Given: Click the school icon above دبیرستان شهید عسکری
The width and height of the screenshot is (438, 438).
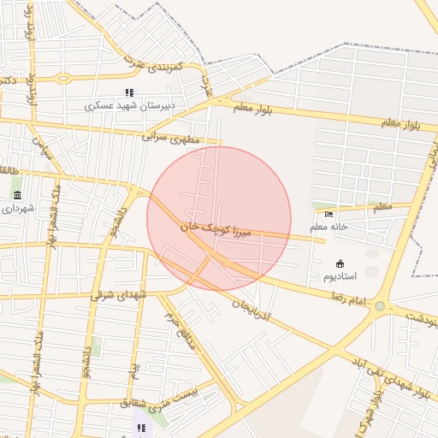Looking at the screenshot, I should click(x=129, y=92).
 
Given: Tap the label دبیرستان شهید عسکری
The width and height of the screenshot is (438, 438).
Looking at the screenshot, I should click(x=129, y=106).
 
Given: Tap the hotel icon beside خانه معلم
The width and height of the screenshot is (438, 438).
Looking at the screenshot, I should click(x=329, y=213).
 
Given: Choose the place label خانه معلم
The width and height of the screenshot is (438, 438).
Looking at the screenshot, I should click(x=329, y=226).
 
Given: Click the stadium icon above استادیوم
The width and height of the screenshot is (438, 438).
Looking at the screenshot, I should click(x=340, y=263).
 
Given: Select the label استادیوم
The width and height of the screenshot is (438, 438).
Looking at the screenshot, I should click(x=340, y=276).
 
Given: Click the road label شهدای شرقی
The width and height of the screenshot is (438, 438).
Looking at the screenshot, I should click(x=120, y=295).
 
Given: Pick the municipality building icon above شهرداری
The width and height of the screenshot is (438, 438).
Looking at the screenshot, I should click(x=16, y=195).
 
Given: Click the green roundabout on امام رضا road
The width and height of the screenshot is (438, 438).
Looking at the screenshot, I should click(x=380, y=306).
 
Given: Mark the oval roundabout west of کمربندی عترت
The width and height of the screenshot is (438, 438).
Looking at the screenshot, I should click(x=62, y=79).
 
